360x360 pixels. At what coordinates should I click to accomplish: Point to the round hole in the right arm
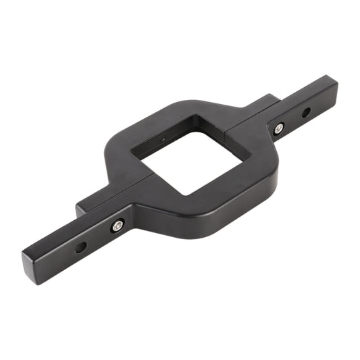[x=305, y=111]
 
